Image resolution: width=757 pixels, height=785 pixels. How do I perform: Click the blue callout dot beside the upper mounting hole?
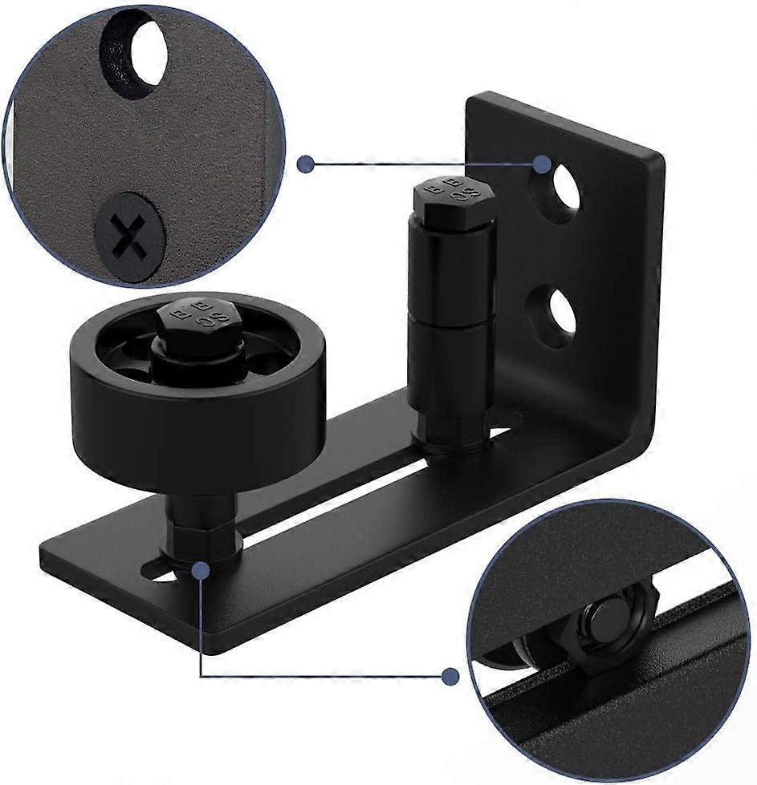[x=542, y=164]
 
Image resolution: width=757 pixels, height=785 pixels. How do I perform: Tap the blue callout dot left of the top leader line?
[x=305, y=164]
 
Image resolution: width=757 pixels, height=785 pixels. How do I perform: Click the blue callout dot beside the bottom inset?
[x=450, y=675]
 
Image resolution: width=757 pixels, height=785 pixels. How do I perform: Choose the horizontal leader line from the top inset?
[x=421, y=164]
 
